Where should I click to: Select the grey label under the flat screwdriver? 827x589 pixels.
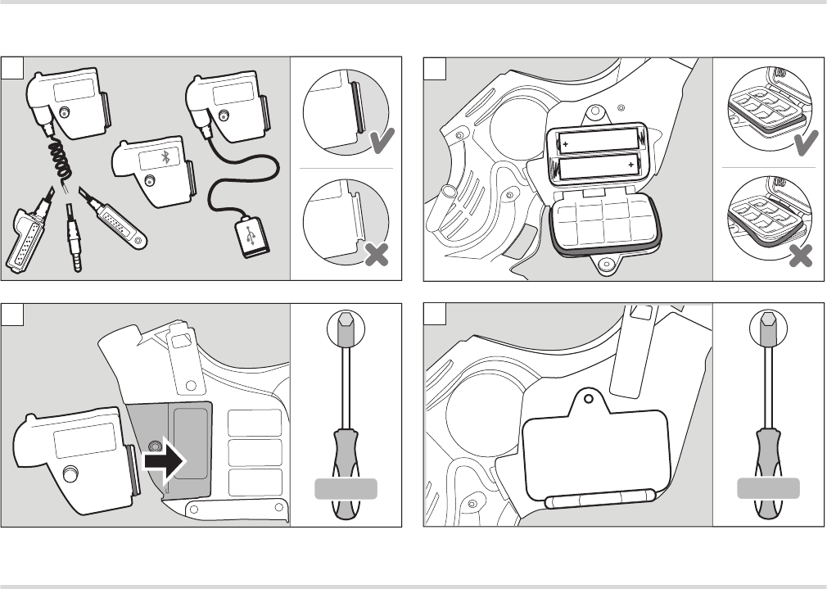coord(768,490)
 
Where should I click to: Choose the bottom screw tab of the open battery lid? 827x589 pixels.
coord(606,265)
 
